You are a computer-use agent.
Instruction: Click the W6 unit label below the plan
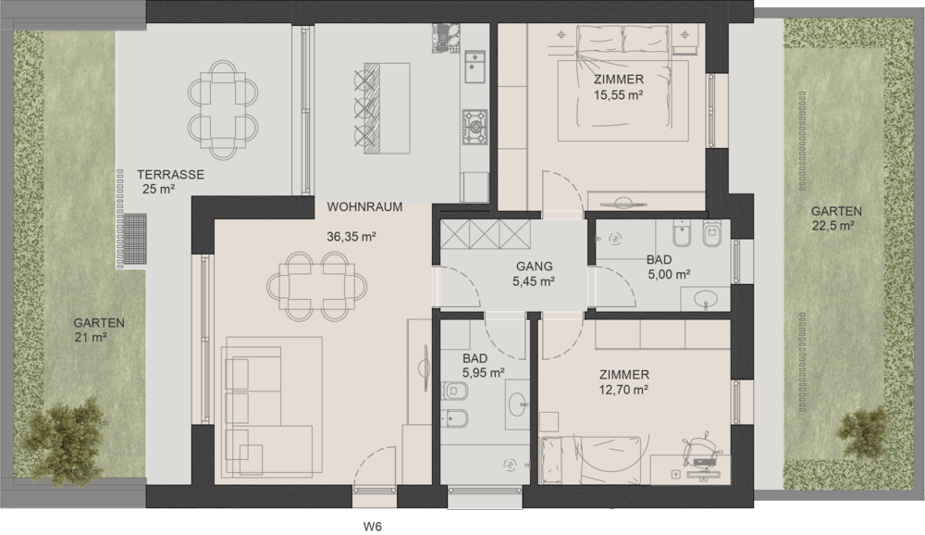(x=372, y=526)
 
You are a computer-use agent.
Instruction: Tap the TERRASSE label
(x=170, y=175)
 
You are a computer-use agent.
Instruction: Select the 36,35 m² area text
(x=351, y=237)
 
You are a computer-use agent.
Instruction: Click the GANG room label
(x=535, y=267)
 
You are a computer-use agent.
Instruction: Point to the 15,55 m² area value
(x=618, y=95)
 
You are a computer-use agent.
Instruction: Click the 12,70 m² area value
(x=624, y=390)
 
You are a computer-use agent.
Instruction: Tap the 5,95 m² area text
(x=483, y=373)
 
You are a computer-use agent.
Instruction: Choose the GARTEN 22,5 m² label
(x=836, y=218)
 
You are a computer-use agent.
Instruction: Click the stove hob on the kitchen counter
(x=475, y=127)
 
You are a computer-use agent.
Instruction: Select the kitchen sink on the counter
(x=475, y=66)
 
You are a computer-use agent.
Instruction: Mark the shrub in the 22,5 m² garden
(x=864, y=433)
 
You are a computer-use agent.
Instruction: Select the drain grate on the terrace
(x=135, y=242)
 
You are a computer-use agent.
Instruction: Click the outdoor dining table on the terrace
(x=222, y=110)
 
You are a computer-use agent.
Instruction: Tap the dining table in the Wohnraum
(x=316, y=286)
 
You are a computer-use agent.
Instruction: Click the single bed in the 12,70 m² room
(x=590, y=460)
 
